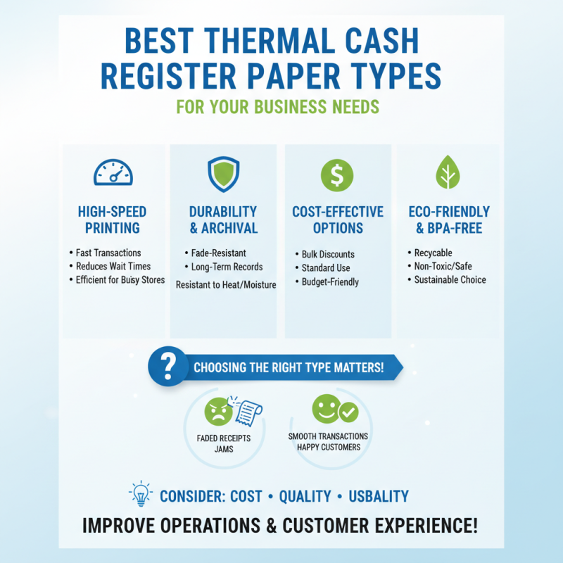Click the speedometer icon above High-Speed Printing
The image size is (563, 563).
pos(113,172)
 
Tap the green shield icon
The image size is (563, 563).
pos(224,173)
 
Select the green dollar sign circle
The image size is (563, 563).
pos(337,174)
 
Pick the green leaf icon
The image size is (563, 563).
pos(448,173)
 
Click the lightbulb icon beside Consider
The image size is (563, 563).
pos(141,495)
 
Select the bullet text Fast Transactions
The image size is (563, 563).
pos(108,253)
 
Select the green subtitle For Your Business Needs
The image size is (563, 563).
pos(278,108)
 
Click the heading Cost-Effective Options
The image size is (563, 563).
pos(338,220)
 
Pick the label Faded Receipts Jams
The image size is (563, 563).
pos(224,443)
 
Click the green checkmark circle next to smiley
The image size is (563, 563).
pos(348,412)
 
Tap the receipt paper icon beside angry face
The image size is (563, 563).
pos(243,410)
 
